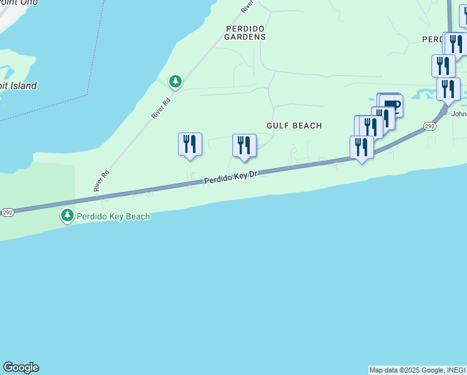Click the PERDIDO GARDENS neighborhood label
tap(245, 33)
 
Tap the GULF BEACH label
tap(294, 126)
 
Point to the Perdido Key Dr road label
tap(231, 177)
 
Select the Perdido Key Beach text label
tap(113, 216)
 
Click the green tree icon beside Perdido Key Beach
tap(67, 216)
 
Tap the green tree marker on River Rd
tap(175, 81)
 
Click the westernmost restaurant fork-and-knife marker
tap(189, 144)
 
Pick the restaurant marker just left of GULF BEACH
tap(244, 146)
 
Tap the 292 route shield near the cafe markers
tap(429, 126)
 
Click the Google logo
tap(21, 367)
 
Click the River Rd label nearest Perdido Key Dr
tap(102, 181)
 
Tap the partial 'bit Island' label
tap(19, 86)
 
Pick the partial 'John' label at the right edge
tap(458, 114)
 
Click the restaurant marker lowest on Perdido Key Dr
tap(361, 147)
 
